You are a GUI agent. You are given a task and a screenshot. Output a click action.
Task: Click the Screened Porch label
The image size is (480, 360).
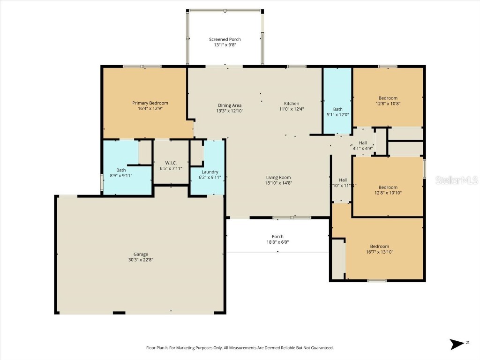225,39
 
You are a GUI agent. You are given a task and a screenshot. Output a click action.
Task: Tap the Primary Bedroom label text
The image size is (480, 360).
150,103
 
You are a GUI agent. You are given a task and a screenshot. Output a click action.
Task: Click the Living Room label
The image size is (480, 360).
278,177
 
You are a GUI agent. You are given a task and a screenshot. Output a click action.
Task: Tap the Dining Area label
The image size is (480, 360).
230,105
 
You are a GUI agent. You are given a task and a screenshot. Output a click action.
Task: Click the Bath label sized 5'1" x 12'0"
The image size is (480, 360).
337,109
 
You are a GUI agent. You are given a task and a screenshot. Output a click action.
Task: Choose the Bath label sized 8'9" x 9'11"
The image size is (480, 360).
121,170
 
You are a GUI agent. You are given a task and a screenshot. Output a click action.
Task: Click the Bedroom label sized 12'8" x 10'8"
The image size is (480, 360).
388,98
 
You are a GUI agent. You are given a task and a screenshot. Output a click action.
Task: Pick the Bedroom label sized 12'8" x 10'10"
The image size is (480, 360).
388,187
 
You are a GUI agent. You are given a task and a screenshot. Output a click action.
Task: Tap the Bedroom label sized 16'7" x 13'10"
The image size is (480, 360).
379,247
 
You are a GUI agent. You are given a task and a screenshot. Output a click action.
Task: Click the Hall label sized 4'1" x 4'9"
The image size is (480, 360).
363,143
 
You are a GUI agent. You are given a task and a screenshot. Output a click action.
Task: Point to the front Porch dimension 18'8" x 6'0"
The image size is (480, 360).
277,242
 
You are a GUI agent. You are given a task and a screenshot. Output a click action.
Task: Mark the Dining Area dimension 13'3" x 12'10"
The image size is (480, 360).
230,111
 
